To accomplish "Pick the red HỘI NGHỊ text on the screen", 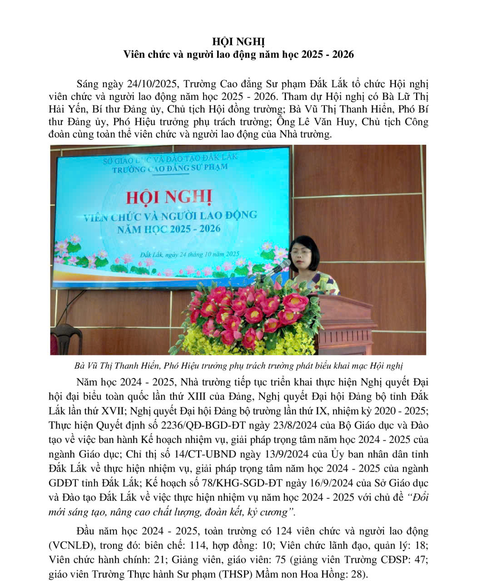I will point(169,198).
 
